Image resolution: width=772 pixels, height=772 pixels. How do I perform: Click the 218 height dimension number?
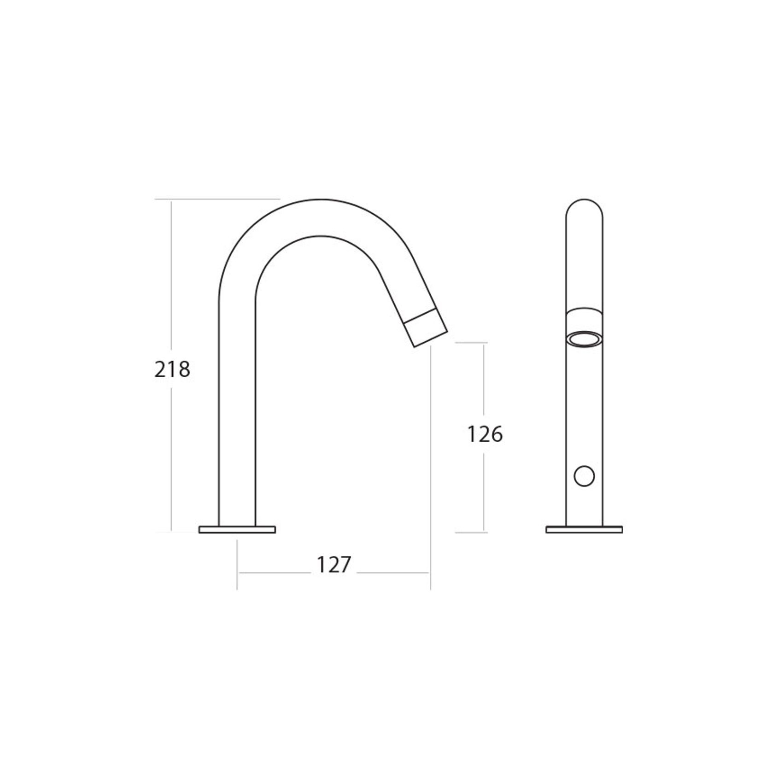point(172,369)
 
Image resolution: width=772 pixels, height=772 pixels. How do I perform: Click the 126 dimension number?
point(485,434)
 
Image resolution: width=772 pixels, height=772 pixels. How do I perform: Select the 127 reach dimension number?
point(333,565)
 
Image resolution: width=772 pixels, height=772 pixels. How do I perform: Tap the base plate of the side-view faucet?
point(237,530)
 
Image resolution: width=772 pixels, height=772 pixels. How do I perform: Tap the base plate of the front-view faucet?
point(584,530)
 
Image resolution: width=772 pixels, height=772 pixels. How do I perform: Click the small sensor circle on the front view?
point(584,476)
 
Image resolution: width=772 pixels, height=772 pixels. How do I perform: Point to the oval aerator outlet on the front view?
point(584,340)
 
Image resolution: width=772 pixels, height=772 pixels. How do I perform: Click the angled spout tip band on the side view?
point(426,328)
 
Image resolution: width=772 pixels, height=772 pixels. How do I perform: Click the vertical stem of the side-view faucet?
point(237,415)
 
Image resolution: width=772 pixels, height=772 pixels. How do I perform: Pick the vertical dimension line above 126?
point(484,382)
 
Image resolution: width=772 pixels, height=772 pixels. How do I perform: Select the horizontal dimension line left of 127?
point(274,573)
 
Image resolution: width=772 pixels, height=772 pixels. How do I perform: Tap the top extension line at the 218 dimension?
point(216,199)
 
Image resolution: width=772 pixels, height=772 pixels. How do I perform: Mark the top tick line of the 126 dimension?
point(471,343)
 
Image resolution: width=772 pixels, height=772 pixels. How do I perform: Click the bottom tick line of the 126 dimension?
point(471,532)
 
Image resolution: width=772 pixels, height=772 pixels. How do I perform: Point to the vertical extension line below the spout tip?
point(430,461)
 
